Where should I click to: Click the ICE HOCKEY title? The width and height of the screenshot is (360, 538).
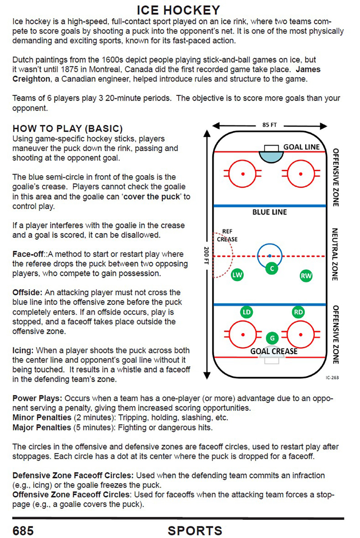(178, 10)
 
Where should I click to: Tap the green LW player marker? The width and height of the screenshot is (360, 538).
(237, 275)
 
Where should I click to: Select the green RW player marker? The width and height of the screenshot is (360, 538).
(306, 276)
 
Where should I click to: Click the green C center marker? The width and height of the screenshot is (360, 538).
(272, 269)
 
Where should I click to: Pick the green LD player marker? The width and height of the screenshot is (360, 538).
(246, 312)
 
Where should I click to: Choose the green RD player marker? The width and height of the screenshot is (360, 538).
(298, 312)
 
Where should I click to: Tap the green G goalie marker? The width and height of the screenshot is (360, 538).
(272, 338)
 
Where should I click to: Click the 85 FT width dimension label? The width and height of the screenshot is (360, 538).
(269, 125)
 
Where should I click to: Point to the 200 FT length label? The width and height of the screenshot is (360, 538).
(206, 255)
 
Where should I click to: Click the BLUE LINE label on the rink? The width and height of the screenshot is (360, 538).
(269, 212)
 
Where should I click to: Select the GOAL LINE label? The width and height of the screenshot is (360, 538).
(302, 147)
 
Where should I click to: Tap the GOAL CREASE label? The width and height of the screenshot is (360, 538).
(274, 351)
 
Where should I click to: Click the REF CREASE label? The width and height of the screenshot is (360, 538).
(227, 235)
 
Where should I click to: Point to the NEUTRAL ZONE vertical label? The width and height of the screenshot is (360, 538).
(334, 254)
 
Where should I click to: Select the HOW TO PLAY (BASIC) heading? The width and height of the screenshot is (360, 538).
(68, 128)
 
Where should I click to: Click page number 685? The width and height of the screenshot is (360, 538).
(23, 531)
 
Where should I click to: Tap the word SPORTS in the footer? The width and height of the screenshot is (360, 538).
(195, 531)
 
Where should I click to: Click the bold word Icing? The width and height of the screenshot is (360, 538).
(23, 350)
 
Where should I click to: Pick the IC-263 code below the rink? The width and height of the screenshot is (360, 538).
(332, 378)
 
